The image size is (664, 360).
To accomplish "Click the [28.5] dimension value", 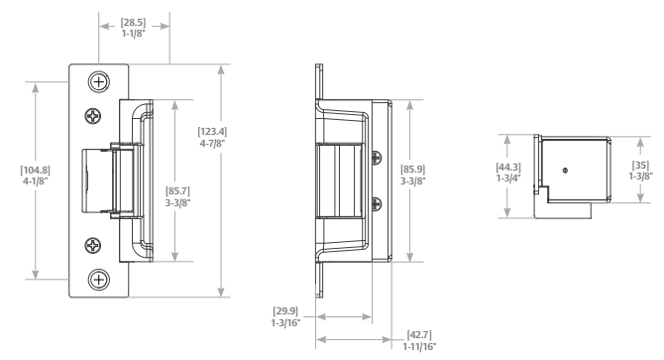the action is (x=133, y=22).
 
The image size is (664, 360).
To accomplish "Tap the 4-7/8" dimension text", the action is (x=212, y=143).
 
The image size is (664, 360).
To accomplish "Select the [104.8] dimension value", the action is (x=35, y=171).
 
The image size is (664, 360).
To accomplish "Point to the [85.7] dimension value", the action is (x=177, y=191).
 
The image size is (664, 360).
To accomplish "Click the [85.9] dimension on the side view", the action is (x=413, y=170).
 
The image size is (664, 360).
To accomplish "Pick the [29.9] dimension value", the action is (x=285, y=311).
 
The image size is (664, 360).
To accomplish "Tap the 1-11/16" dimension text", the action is (x=419, y=346).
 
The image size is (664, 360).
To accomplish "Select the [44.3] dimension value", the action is (x=508, y=168).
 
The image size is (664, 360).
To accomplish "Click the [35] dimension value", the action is (x=640, y=166).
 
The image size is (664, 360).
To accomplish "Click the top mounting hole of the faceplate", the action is (x=99, y=81).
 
